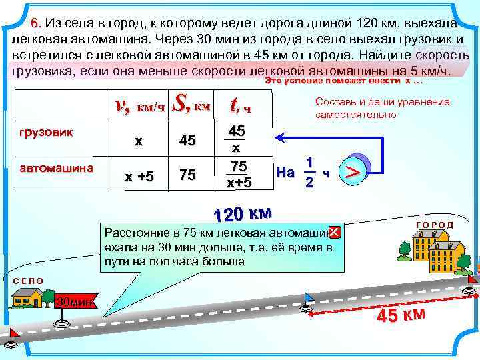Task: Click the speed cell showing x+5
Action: [x=139, y=176]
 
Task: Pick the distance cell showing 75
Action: [x=187, y=175]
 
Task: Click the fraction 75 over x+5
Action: [x=239, y=175]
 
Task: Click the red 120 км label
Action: [x=241, y=214]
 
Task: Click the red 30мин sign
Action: [x=73, y=301]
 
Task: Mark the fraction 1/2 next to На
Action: [x=309, y=173]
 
